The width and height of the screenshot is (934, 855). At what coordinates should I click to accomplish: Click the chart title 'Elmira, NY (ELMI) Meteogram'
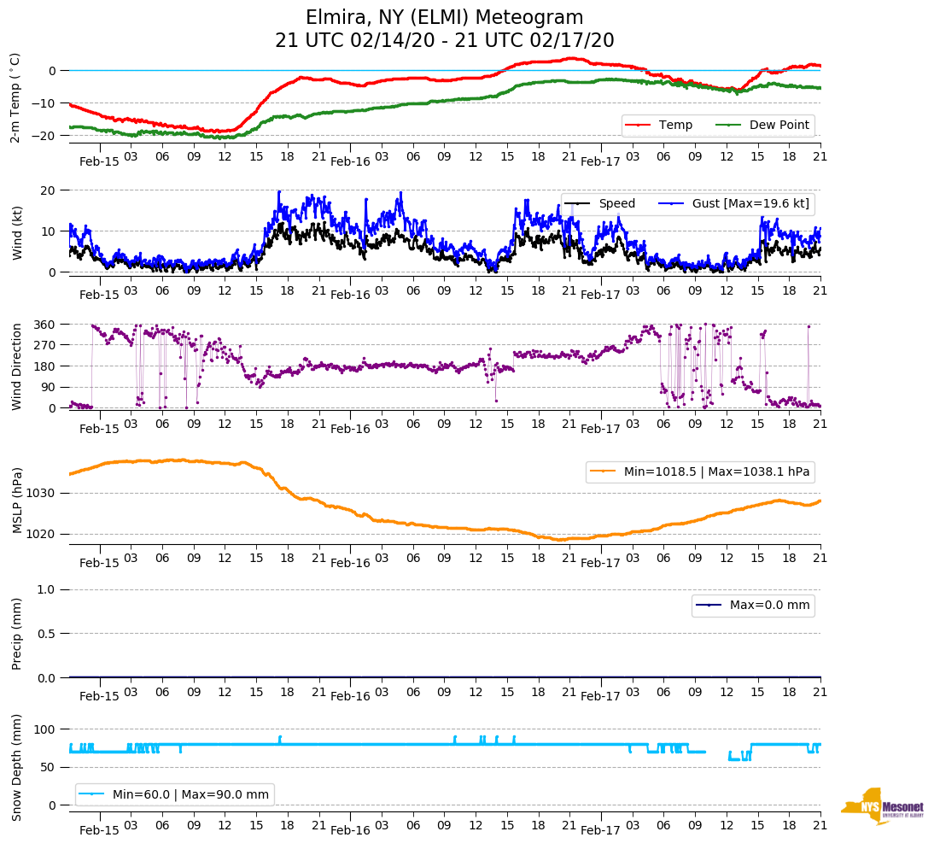[444, 18]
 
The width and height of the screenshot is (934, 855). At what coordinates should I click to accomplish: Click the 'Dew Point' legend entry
[779, 126]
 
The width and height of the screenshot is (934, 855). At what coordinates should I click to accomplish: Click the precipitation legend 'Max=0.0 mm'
[769, 606]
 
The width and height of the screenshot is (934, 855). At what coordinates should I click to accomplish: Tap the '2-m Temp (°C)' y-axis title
[15, 97]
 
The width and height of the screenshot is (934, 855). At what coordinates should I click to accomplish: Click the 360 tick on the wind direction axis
[45, 325]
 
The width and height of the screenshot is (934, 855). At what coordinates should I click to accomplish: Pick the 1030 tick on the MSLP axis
[43, 493]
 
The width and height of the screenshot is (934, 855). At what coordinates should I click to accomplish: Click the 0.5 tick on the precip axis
[48, 634]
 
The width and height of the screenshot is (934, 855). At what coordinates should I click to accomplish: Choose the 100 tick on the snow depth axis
[45, 729]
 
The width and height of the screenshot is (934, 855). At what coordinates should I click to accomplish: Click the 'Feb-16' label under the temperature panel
[350, 161]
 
